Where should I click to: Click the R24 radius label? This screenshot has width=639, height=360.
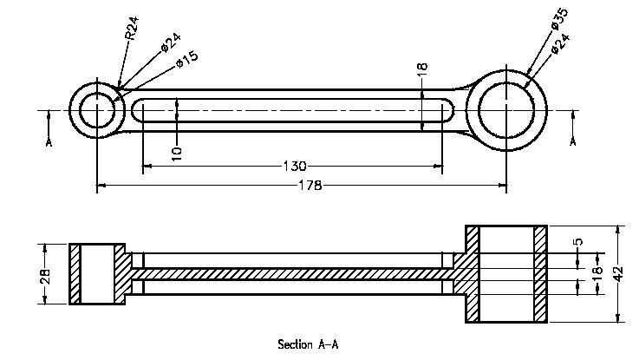coord(132,28)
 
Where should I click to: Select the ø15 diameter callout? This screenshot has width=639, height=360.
coord(187,59)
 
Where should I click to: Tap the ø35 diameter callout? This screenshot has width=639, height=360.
coord(559,18)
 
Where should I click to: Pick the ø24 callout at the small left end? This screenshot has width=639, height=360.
coord(171,43)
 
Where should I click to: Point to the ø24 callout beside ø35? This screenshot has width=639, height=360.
coord(561,43)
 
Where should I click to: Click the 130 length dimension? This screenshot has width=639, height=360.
coord(295,166)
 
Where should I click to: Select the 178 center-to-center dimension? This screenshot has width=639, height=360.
coord(310,186)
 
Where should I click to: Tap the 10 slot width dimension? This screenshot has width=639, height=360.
coord(177,154)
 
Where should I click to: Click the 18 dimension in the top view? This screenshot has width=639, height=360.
coord(422,67)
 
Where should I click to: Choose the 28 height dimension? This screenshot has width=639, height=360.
coord(46,276)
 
